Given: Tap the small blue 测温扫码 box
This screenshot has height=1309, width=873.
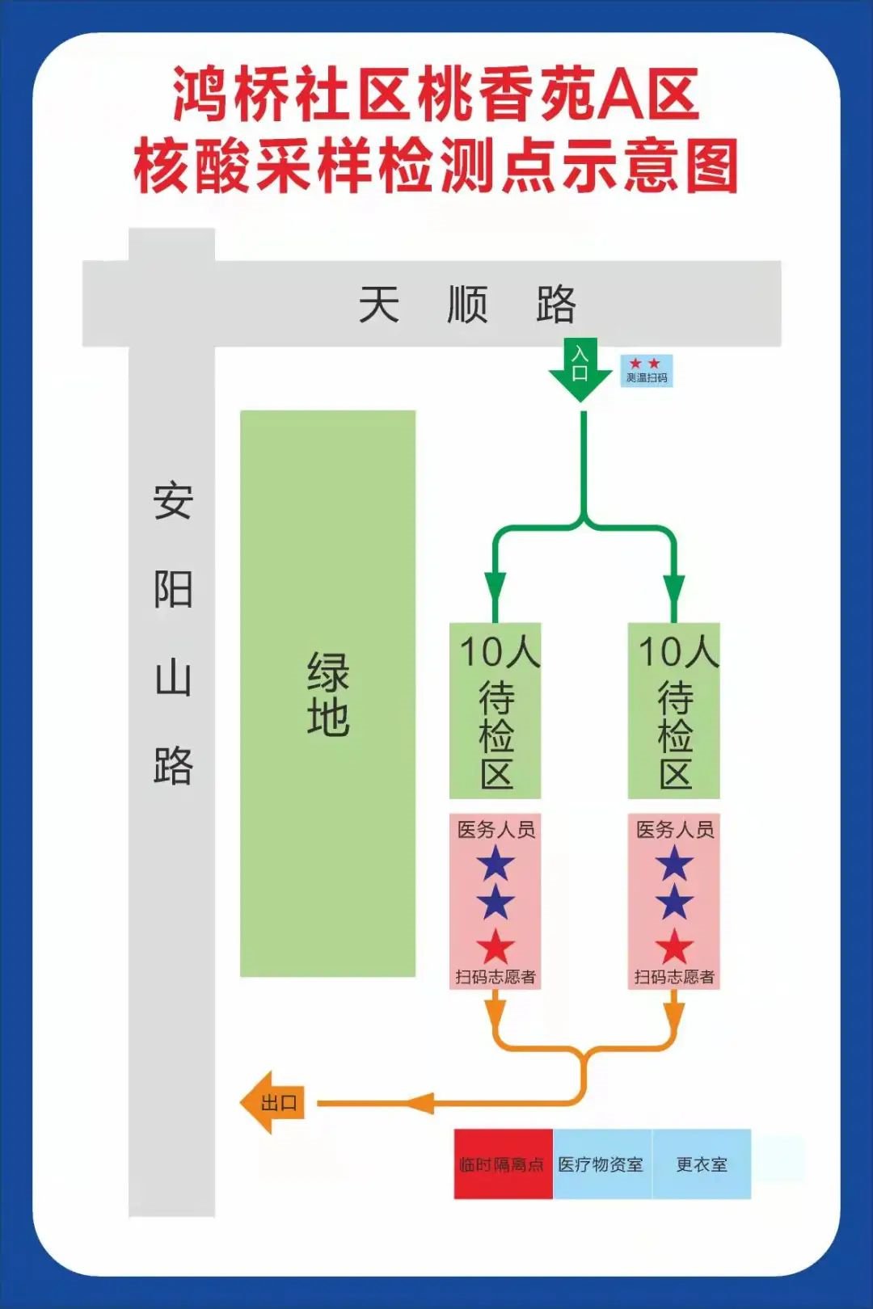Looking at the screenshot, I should pyautogui.click(x=647, y=371).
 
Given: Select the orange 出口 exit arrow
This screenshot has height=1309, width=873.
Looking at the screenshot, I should pyautogui.click(x=273, y=1102).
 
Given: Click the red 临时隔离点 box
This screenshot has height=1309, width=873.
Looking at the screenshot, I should pyautogui.click(x=503, y=1164).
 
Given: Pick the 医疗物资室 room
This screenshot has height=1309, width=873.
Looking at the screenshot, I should pyautogui.click(x=601, y=1164).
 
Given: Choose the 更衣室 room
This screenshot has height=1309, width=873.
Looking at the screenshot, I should pyautogui.click(x=702, y=1164).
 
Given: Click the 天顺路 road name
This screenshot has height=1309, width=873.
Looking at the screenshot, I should pyautogui.click(x=467, y=305).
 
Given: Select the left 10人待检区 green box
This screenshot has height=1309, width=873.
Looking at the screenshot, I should pyautogui.click(x=496, y=711).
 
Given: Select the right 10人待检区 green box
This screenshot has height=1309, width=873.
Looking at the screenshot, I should pyautogui.click(x=674, y=711).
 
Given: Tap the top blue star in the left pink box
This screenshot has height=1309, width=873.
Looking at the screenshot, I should pyautogui.click(x=496, y=864).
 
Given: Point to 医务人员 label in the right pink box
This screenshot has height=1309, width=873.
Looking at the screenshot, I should pyautogui.click(x=675, y=829).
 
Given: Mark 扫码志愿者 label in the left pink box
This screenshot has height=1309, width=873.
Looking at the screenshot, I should pyautogui.click(x=496, y=977).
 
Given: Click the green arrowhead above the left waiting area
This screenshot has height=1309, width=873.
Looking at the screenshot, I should pyautogui.click(x=495, y=587).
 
